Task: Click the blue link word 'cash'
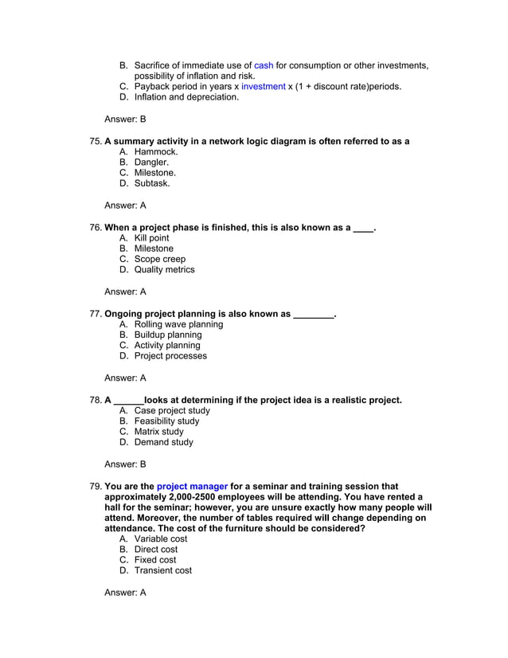(x=264, y=65)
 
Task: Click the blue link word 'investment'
(x=263, y=86)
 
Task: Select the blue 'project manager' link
(x=192, y=486)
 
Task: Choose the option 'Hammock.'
(x=156, y=151)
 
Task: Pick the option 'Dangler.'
(x=151, y=162)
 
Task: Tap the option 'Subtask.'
(x=152, y=182)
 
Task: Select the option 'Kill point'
(x=151, y=238)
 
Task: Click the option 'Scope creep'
(x=159, y=259)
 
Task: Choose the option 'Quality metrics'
(x=164, y=269)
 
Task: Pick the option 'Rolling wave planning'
(x=178, y=324)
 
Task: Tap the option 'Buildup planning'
(x=168, y=335)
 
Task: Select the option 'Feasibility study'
(x=166, y=421)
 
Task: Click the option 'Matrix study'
(x=158, y=431)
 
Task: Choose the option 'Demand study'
(x=163, y=442)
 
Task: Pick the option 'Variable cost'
(x=161, y=539)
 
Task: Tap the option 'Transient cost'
(x=162, y=570)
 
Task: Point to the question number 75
(x=96, y=141)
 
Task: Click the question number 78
(x=96, y=400)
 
